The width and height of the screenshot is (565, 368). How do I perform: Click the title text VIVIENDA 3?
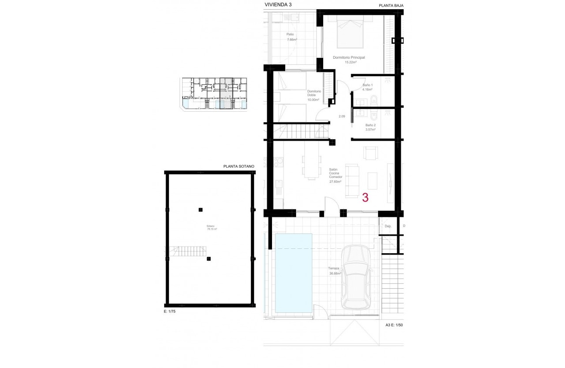(278, 4)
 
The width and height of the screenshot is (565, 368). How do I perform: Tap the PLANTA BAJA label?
(391, 5)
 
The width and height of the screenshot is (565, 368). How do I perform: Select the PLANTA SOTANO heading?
(239, 166)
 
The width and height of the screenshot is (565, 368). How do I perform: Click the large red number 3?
(365, 198)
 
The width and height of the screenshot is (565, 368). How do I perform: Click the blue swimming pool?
(293, 273)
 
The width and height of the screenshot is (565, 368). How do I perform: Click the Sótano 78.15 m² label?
(212, 227)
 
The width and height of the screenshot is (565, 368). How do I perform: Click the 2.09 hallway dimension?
(342, 116)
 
